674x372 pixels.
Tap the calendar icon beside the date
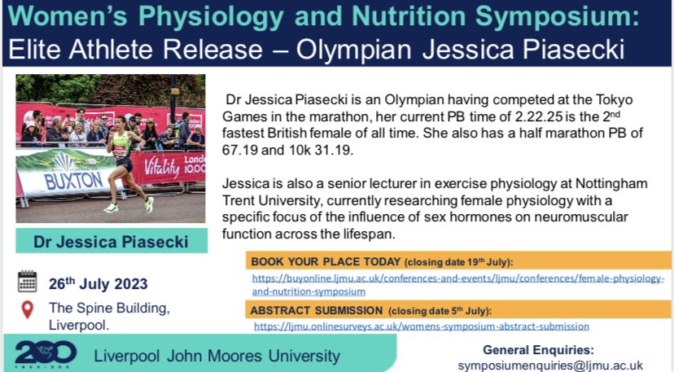point(28,282)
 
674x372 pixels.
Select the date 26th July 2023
point(98,284)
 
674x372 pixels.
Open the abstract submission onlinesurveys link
point(421,326)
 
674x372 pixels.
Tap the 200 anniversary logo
point(46,352)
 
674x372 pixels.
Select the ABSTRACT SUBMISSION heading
point(317,310)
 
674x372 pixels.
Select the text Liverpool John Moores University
point(217,355)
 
